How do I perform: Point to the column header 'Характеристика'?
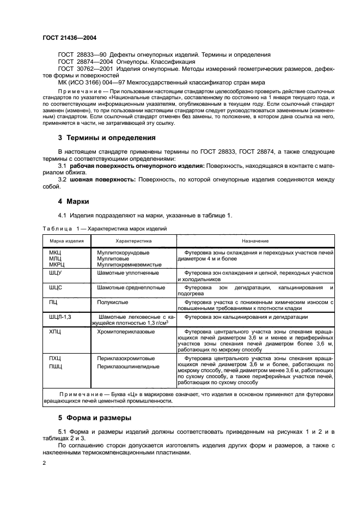[x=133, y=240]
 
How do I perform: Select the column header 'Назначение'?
[x=255, y=240]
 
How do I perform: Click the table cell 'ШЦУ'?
[x=56, y=272]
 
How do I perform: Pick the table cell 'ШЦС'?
[x=56, y=287]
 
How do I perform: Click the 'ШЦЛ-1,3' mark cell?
[x=60, y=317]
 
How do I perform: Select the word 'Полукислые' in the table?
[x=113, y=301]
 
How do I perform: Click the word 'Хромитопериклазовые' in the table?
[x=125, y=331]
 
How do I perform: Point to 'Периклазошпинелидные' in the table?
[x=128, y=366]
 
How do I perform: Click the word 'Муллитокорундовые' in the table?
[x=123, y=253]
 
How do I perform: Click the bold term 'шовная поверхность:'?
[x=104, y=179]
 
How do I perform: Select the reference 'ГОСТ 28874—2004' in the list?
[x=81, y=62]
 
